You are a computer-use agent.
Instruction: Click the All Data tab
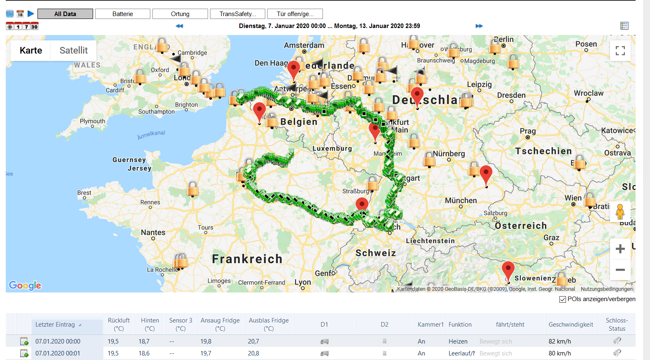pos(65,14)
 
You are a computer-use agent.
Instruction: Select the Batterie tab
pos(123,14)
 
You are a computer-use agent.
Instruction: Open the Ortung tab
pos(180,14)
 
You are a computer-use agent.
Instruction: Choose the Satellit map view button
pos(74,50)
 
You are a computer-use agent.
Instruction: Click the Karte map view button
pos(31,50)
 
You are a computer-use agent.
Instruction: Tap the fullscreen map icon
pos(620,51)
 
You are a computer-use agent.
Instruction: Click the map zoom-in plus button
pos(620,249)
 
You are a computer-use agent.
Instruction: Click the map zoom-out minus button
pos(620,270)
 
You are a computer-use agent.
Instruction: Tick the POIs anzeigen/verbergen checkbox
pos(563,299)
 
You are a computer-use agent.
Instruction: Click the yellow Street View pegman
pos(620,212)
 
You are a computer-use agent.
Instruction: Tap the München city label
pos(461,201)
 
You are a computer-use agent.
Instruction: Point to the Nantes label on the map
pos(153,233)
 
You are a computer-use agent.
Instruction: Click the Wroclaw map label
pos(588,94)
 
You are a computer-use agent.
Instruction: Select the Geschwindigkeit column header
pos(571,325)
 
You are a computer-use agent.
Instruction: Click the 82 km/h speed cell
pos(559,341)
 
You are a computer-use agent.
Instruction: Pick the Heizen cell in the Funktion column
pos(458,341)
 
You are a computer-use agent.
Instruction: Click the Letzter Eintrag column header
pos(55,325)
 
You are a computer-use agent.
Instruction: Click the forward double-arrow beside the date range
pos(479,26)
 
